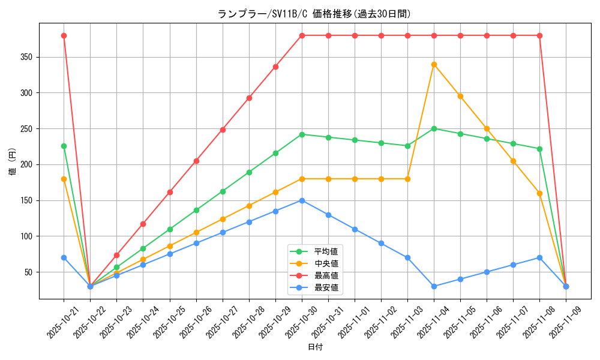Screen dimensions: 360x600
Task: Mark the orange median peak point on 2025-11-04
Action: tap(434, 64)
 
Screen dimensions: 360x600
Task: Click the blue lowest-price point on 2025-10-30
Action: tap(302, 200)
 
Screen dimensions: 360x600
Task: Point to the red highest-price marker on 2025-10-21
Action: tap(64, 35)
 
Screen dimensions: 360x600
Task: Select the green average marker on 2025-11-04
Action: tap(434, 128)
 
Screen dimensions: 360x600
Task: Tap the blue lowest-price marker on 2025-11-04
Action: tap(434, 286)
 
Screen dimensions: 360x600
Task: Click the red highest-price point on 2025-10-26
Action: tap(196, 161)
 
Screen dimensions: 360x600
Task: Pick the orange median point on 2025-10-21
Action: tap(64, 179)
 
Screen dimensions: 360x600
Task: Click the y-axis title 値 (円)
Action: tap(13, 162)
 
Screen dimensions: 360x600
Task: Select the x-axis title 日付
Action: tap(315, 347)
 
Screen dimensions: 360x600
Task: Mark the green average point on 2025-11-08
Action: tap(539, 149)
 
